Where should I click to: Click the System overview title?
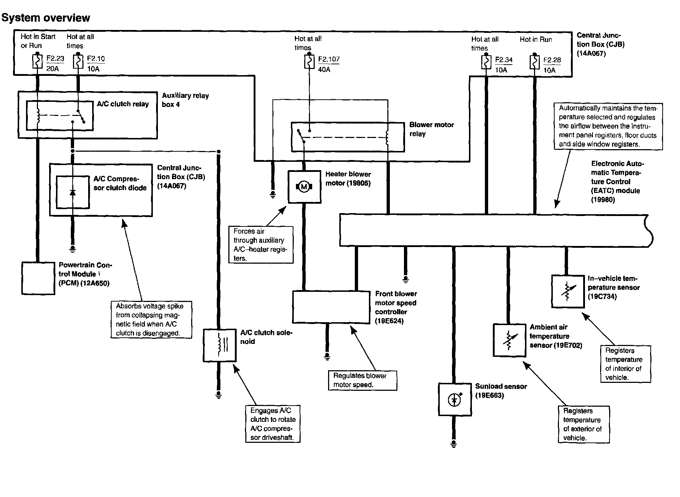[x=46, y=18]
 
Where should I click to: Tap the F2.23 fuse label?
[x=55, y=58]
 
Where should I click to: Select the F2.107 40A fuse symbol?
[x=309, y=62]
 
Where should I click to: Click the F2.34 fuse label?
[x=504, y=60]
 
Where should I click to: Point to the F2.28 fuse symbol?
[x=534, y=62]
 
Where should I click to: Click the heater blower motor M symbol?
[x=304, y=187]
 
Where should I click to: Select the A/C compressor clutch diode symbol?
[x=73, y=192]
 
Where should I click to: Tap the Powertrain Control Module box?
[x=38, y=278]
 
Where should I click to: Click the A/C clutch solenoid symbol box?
[x=220, y=345]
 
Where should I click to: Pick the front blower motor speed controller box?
[x=331, y=307]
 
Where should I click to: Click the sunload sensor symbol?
[x=455, y=399]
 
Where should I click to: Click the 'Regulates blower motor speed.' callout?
[x=362, y=380]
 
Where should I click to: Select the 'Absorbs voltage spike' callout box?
[x=151, y=320]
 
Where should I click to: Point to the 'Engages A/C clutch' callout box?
[x=273, y=424]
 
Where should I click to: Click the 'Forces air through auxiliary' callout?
[x=261, y=245]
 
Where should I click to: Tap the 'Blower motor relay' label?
[x=431, y=129]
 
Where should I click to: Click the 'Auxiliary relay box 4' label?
[x=185, y=100]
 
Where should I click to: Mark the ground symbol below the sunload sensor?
[x=454, y=443]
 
